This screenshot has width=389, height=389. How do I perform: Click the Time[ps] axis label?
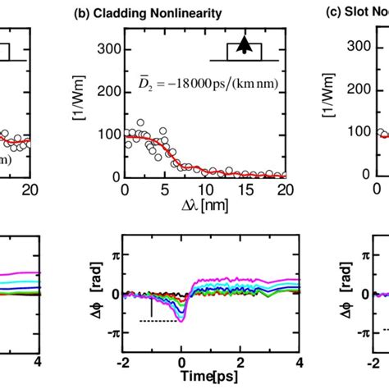click(211, 378)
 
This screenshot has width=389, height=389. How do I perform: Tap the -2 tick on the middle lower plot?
click(122, 363)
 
